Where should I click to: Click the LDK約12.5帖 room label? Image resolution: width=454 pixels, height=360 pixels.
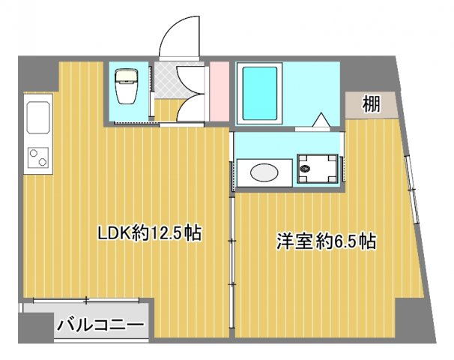[x=150, y=233]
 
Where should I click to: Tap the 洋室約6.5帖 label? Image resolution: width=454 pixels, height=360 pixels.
[x=325, y=241]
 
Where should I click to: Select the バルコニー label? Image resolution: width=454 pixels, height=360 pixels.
[x=101, y=326]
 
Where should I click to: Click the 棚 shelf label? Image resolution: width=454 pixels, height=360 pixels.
[x=370, y=104]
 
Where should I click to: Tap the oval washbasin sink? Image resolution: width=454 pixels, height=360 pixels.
[x=263, y=172]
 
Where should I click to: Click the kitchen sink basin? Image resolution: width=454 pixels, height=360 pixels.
[x=37, y=118]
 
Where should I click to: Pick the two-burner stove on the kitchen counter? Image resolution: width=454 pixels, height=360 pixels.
[x=37, y=157]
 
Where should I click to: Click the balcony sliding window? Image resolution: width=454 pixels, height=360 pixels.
[x=86, y=301]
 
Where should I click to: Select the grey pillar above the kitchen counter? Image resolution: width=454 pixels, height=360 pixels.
[x=37, y=75]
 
